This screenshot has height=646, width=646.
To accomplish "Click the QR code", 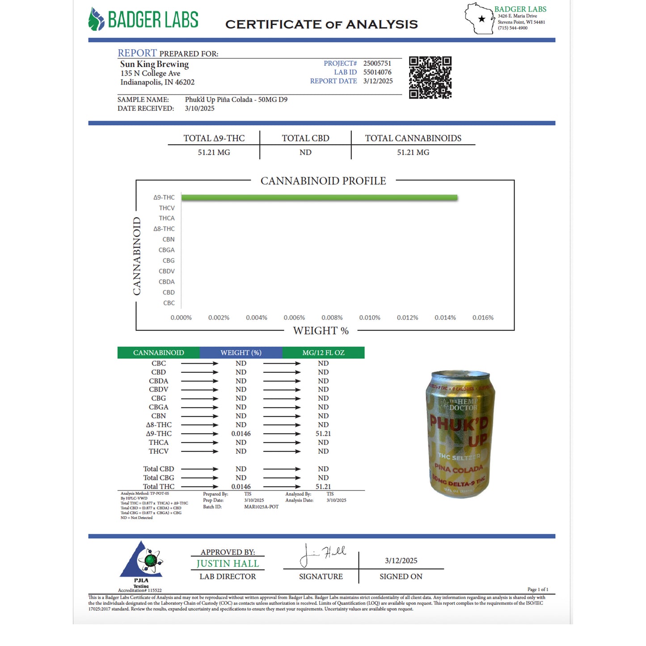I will click(430, 77).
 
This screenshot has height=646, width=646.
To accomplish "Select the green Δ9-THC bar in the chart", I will click(319, 198).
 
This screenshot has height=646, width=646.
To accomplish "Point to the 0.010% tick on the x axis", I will click(370, 318).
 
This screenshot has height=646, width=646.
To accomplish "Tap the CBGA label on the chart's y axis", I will click(166, 250).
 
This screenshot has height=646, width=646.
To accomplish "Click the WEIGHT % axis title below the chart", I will click(321, 331).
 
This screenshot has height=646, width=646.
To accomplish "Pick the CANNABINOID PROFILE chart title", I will click(323, 181).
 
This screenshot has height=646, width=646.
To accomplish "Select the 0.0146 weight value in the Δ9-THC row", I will click(241, 434).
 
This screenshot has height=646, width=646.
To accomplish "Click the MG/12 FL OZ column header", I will click(323, 353).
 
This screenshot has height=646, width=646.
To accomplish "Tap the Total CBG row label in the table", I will click(159, 478).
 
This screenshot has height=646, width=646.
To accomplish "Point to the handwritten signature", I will click(322, 554).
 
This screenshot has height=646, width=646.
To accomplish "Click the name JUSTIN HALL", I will click(228, 564).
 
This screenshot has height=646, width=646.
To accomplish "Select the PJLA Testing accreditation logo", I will click(141, 564).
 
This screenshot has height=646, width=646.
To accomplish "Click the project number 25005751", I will click(377, 63).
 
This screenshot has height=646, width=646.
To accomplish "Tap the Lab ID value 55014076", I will click(377, 72).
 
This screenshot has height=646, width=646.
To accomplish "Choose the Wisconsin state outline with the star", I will click(479, 18).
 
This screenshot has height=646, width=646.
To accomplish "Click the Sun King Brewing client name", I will click(154, 64).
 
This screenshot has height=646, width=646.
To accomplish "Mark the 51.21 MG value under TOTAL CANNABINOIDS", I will click(413, 152).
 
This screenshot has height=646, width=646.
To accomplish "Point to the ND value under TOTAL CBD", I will click(305, 152).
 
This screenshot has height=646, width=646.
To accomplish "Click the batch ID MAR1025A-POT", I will click(261, 507).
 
